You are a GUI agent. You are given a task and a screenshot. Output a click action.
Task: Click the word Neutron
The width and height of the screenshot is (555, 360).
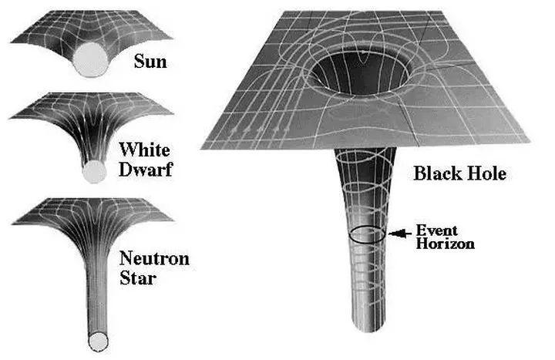153,257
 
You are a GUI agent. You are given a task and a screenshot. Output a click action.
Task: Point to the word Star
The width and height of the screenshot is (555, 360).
140,277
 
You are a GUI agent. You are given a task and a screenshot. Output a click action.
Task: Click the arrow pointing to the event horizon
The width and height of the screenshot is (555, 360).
399,232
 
